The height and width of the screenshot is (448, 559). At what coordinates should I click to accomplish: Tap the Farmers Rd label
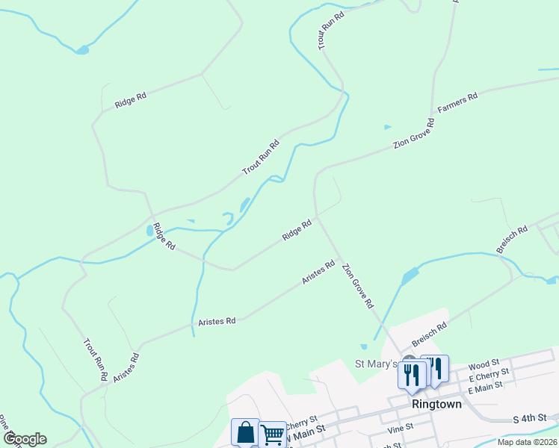click(457, 104)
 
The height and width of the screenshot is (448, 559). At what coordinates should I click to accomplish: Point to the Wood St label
click(483, 365)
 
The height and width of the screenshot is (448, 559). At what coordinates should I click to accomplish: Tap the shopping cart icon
click(272, 434)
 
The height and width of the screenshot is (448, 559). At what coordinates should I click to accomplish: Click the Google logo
click(24, 439)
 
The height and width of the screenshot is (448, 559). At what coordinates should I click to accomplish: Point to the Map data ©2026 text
click(527, 442)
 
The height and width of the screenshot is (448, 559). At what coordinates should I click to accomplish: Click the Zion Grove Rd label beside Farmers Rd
click(414, 134)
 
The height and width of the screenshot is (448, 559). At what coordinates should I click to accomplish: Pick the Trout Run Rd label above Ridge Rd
click(260, 158)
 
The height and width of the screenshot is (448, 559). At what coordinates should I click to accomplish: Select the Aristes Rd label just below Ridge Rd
click(318, 272)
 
